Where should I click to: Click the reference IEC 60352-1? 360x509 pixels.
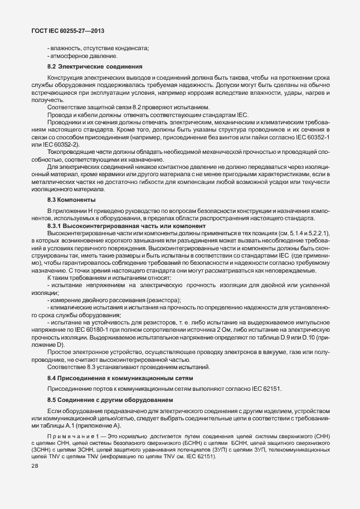tap(315, 137)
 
